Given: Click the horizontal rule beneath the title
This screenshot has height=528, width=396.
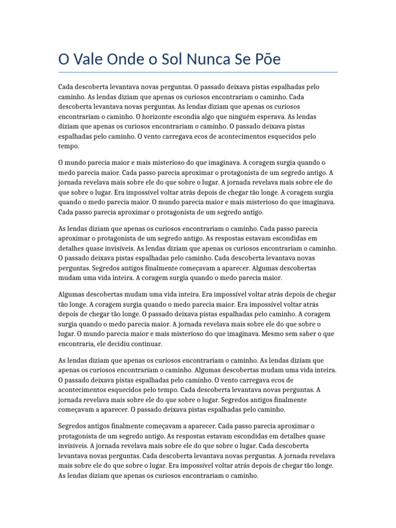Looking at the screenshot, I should pyautogui.click(x=198, y=72).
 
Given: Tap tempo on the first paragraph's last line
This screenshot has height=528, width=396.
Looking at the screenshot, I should pyautogui.click(x=68, y=146).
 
